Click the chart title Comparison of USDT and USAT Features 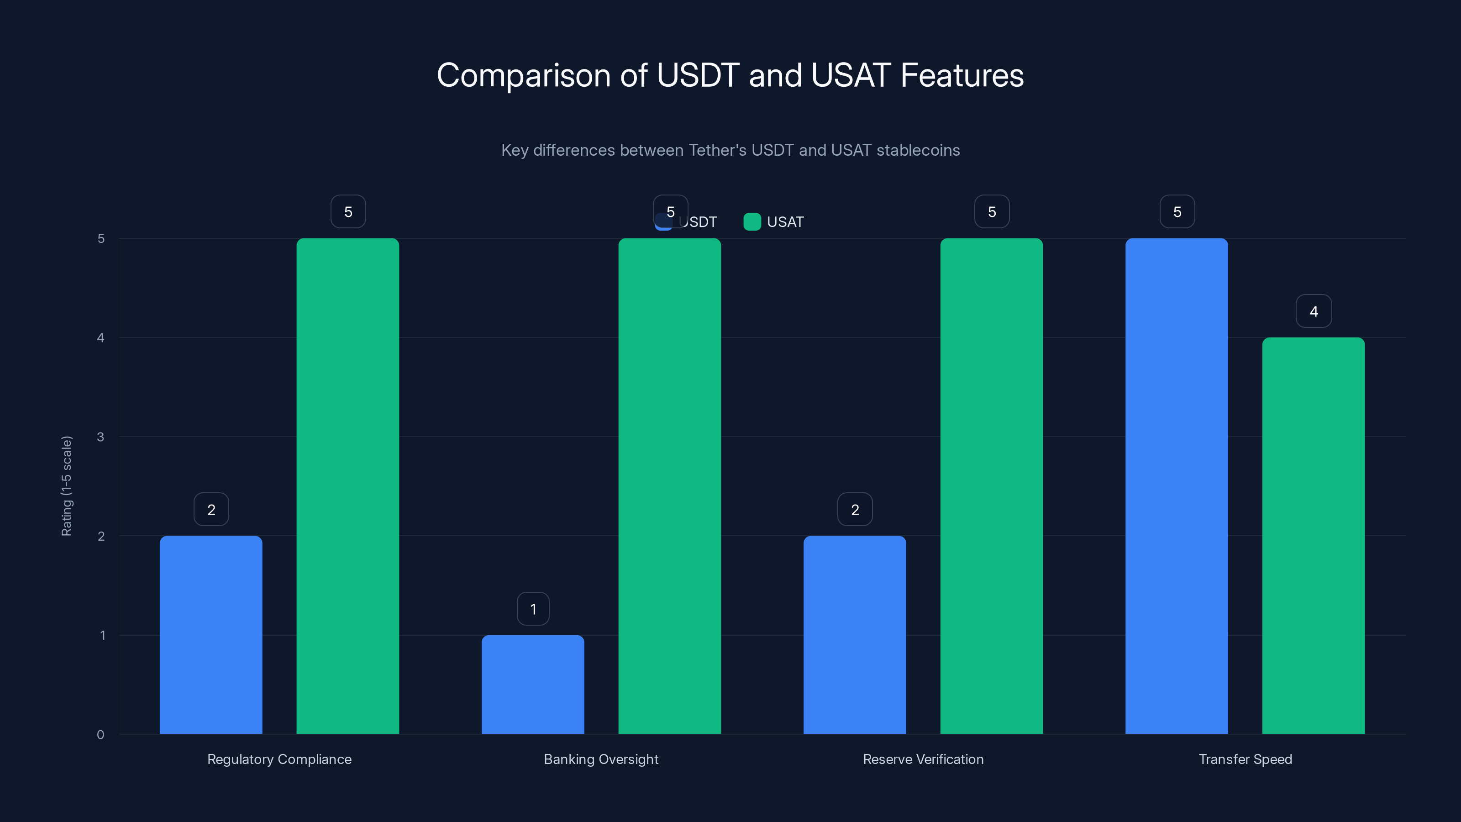tap(730, 75)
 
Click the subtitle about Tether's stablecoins tap(730, 150)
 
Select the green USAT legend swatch tap(752, 222)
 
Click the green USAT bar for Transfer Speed tap(1313, 536)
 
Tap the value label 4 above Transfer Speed tap(1314, 311)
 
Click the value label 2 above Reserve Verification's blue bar tap(855, 510)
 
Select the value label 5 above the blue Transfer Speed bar tap(1177, 211)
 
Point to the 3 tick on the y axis tap(100, 437)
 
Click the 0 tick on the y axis tap(100, 735)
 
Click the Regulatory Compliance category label tap(279, 759)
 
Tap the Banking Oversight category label tap(601, 759)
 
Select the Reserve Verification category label tap(923, 759)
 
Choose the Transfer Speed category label tap(1245, 759)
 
